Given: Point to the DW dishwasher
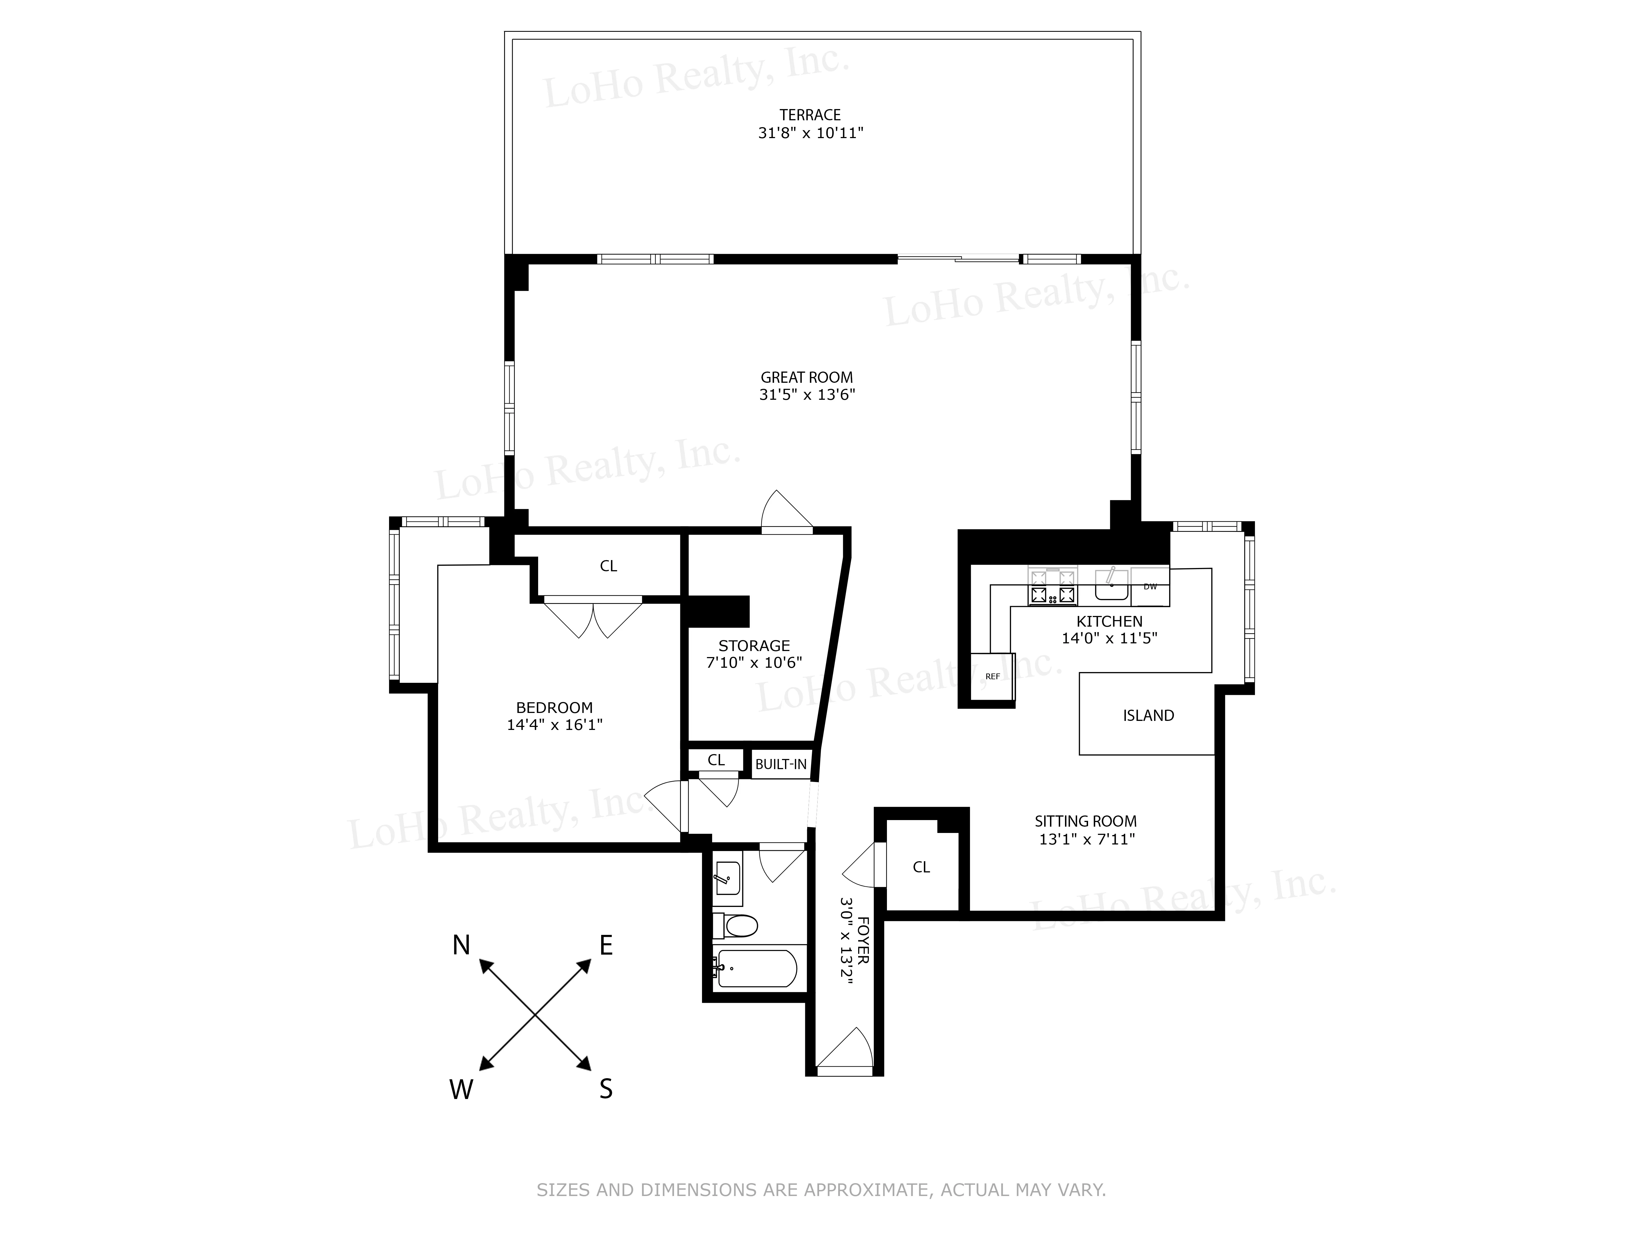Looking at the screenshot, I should pyautogui.click(x=1150, y=586).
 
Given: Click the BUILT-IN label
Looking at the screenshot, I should pyautogui.click(x=780, y=764).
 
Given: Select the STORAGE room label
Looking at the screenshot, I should pyautogui.click(x=754, y=646).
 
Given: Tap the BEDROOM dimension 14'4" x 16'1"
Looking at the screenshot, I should pyautogui.click(x=555, y=725).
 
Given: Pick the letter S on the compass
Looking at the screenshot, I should pyautogui.click(x=606, y=1089).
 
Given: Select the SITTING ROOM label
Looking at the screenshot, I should pyautogui.click(x=1085, y=821).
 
